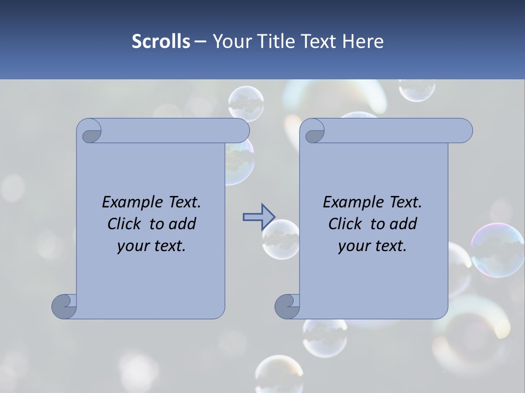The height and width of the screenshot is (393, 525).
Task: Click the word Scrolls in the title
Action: click(x=161, y=41)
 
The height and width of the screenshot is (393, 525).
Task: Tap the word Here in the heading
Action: click(x=363, y=41)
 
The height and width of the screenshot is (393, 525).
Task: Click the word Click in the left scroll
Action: click(x=126, y=224)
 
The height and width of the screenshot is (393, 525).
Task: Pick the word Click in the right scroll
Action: click(x=347, y=224)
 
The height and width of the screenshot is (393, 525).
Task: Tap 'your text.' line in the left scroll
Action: click(x=151, y=246)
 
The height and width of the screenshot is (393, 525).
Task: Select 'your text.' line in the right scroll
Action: click(x=372, y=246)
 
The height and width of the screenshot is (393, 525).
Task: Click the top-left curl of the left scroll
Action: click(x=90, y=132)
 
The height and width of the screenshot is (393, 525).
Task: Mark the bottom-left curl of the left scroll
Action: click(x=65, y=306)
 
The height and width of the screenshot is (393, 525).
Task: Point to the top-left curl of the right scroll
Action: click(x=313, y=132)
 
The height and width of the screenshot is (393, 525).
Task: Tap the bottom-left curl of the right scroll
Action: click(x=287, y=306)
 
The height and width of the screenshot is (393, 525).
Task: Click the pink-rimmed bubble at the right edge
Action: click(x=498, y=249)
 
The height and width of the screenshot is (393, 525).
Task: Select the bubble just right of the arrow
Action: click(x=281, y=239)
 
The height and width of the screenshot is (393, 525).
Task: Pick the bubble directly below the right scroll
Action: click(x=325, y=336)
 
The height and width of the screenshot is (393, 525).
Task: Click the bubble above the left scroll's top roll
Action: click(x=246, y=103)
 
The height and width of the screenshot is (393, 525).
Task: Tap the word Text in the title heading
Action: click(x=319, y=41)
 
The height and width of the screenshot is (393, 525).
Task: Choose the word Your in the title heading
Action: click(x=229, y=41)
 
